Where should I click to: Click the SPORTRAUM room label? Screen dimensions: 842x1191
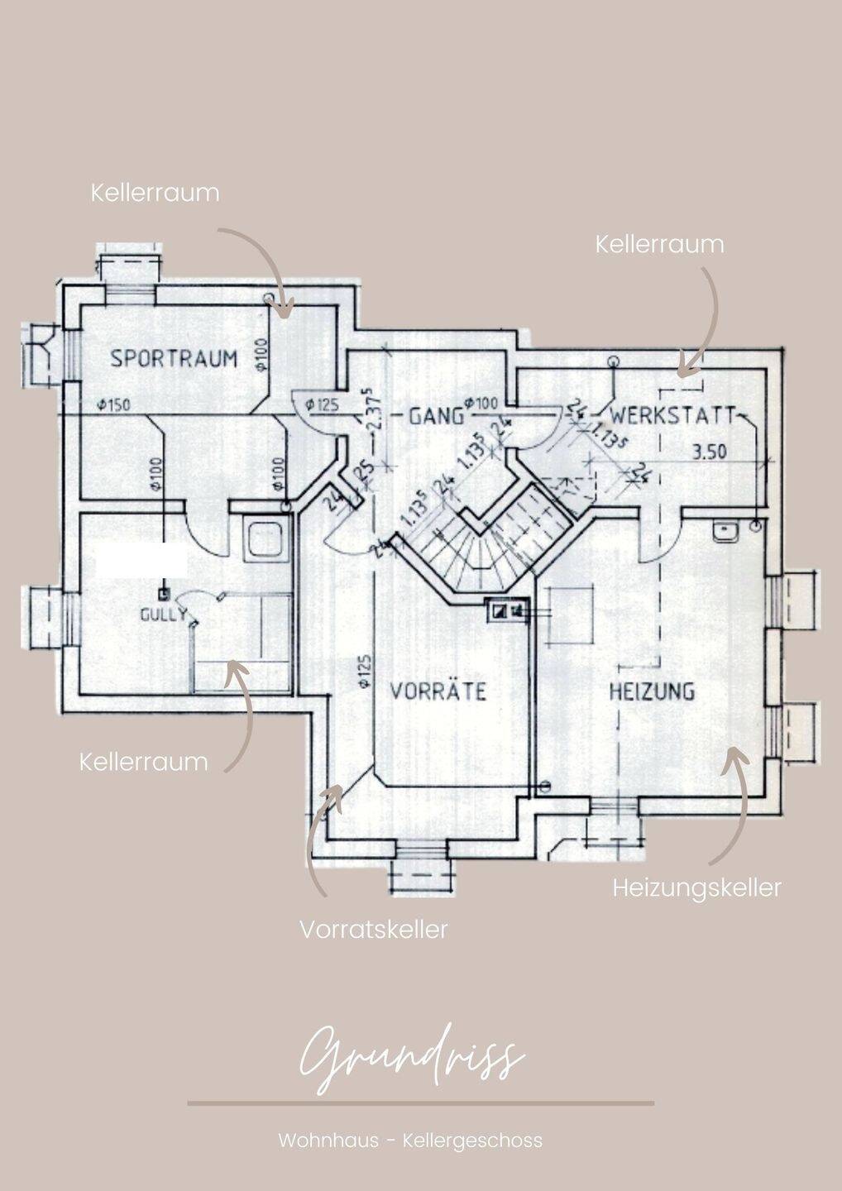[x=174, y=358]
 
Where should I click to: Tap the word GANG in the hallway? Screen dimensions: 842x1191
[x=436, y=415]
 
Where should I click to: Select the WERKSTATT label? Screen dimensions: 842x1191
[x=673, y=414]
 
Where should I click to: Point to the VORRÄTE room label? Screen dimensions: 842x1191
[x=438, y=691]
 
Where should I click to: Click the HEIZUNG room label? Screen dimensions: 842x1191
[x=652, y=691]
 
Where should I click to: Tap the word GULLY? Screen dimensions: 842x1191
[x=162, y=615]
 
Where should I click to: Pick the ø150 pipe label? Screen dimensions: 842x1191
[x=112, y=405]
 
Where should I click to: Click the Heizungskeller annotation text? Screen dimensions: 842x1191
[x=696, y=887]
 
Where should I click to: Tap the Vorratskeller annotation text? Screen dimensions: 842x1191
[x=373, y=929]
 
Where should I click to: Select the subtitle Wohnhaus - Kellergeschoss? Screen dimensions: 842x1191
[x=410, y=1141]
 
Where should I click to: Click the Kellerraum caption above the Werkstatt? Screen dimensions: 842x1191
[x=659, y=244]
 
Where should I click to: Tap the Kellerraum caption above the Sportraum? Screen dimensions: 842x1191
[x=155, y=193]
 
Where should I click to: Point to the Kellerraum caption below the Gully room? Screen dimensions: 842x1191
[x=143, y=762]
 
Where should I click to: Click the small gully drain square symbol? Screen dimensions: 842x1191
[x=164, y=593]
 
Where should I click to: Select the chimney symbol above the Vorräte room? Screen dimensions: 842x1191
[x=508, y=610]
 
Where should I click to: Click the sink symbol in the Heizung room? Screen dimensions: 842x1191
[x=727, y=530]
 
